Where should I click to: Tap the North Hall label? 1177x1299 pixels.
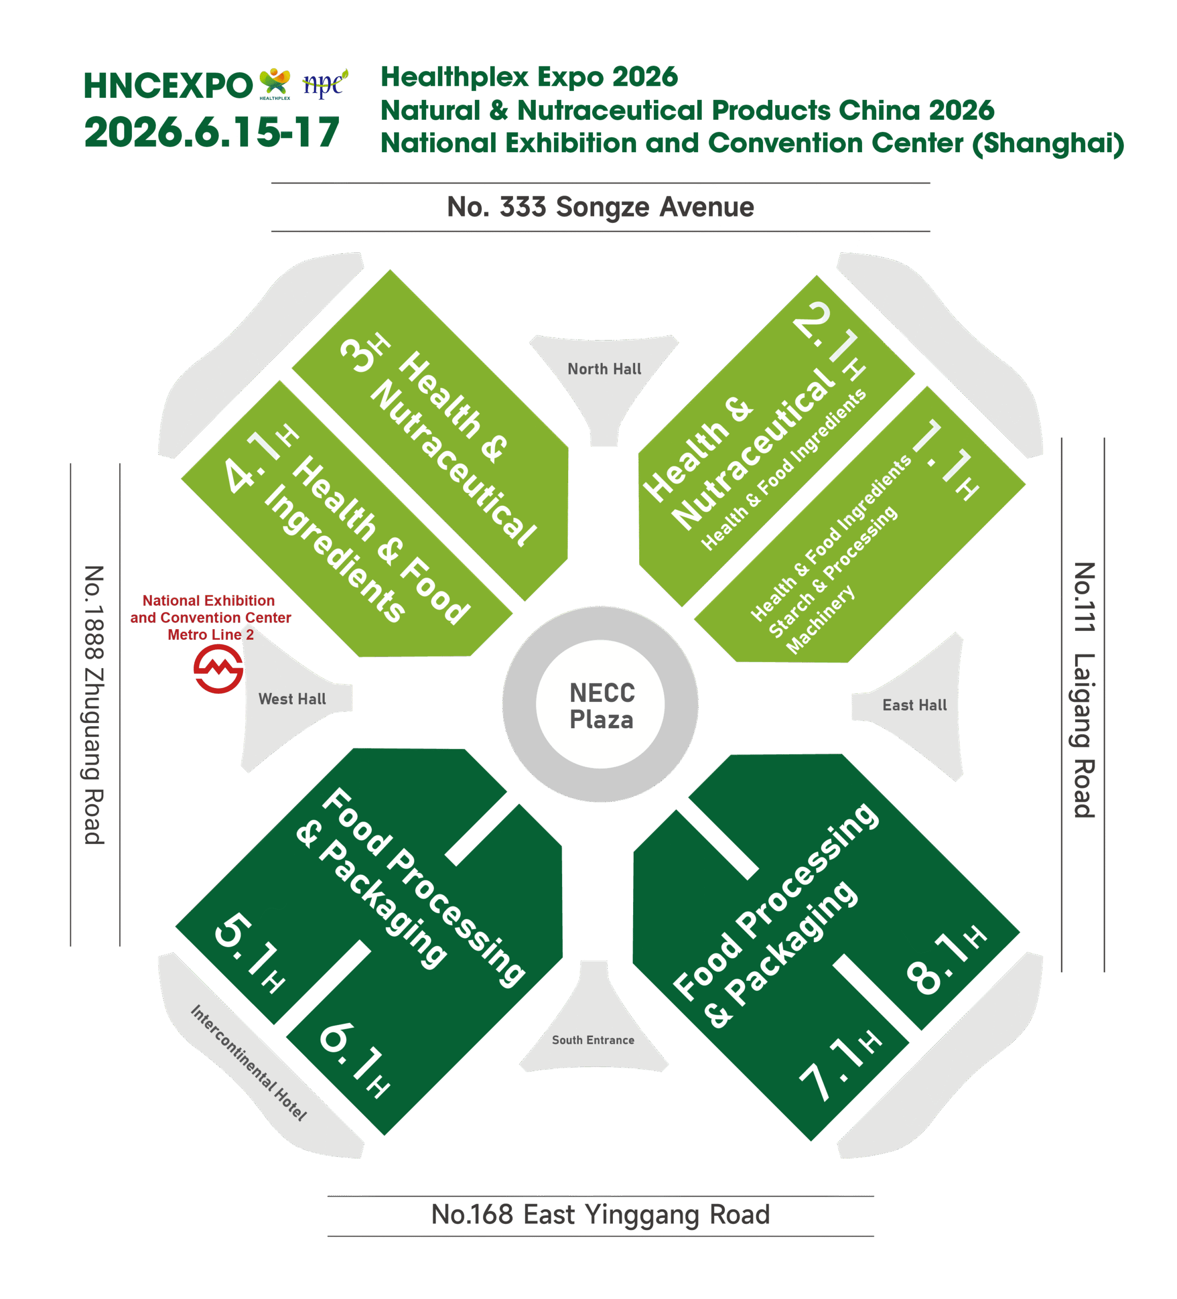604,369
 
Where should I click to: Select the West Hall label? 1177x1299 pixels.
292,699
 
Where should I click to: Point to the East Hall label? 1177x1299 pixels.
914,705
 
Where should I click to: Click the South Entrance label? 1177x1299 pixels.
593,1040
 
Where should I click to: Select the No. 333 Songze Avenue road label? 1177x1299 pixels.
600,208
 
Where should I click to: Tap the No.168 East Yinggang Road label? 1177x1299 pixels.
600,1215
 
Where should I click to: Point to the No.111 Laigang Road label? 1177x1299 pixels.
1084,690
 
